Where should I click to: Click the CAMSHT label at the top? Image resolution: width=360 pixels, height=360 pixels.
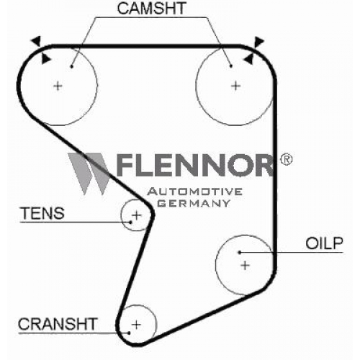tap(151, 9)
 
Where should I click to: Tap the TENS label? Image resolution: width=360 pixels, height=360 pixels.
tap(42, 213)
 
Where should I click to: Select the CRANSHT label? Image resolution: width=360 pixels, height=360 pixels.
tap(58, 324)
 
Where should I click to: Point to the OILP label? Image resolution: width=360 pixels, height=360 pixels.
tap(324, 243)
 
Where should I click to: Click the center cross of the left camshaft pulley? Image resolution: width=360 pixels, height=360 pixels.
tap(58, 86)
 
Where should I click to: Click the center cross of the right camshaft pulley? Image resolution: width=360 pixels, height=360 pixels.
tap(235, 86)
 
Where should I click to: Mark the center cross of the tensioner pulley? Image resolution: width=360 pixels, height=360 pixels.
tap(137, 215)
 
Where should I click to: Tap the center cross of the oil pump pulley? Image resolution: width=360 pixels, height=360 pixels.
tap(245, 266)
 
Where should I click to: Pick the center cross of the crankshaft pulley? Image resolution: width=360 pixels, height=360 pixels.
tap(136, 325)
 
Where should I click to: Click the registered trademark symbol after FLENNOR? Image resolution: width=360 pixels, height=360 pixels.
tap(286, 159)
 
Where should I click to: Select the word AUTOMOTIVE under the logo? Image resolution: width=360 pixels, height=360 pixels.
tap(194, 192)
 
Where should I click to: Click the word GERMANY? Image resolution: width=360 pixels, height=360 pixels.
tap(194, 203)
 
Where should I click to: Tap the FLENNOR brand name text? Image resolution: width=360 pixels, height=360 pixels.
tap(195, 165)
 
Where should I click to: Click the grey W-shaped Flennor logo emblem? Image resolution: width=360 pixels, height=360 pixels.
tap(89, 174)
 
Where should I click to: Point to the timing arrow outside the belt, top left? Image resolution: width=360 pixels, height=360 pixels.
tap(37, 41)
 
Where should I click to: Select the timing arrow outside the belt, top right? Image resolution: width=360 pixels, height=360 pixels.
tap(259, 41)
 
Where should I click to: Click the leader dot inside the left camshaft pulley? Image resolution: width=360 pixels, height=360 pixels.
tap(71, 66)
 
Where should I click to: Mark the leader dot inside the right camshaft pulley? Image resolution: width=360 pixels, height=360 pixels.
tap(231, 66)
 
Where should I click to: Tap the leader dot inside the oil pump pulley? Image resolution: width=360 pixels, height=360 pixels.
tap(240, 252)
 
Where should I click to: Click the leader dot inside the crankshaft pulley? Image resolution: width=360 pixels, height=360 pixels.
tap(129, 333)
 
